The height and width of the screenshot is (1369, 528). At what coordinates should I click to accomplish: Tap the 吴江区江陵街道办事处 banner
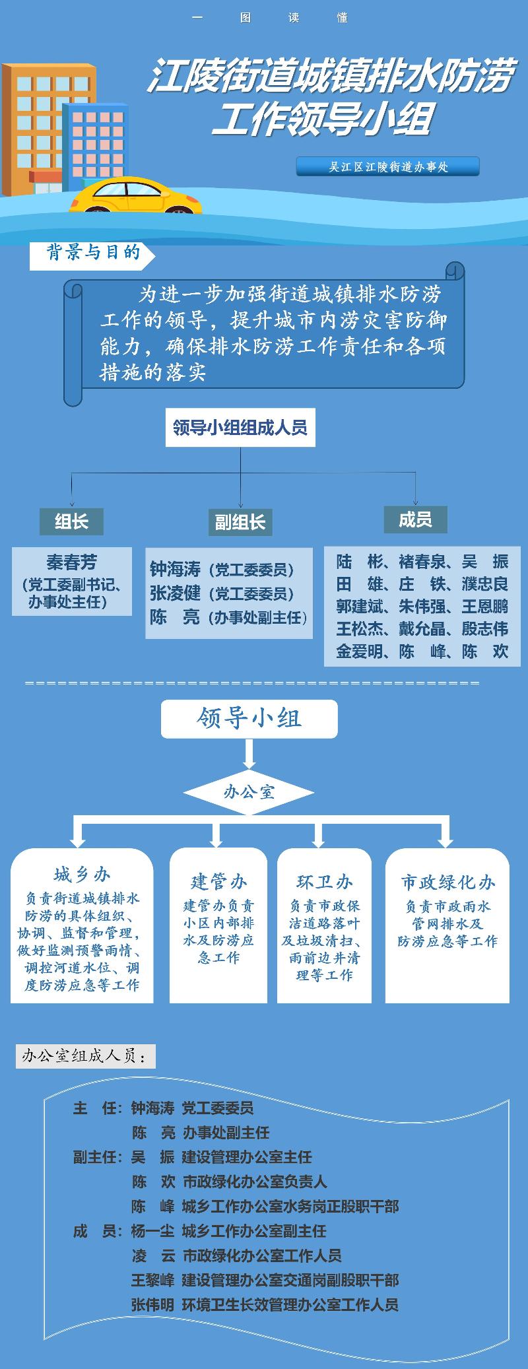[388, 166]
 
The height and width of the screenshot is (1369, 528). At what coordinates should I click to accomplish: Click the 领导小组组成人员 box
[240, 428]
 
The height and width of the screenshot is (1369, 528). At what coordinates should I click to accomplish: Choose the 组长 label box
[71, 521]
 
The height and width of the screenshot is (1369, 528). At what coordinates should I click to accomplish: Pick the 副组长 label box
[240, 523]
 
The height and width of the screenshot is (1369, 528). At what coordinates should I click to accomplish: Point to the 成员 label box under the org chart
[415, 519]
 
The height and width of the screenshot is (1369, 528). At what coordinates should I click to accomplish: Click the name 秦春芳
[71, 562]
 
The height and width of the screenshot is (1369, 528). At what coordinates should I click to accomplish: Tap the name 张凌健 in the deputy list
[175, 593]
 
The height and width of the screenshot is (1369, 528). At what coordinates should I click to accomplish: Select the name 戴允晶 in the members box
[422, 629]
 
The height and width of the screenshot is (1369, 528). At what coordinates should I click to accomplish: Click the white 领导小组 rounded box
[249, 719]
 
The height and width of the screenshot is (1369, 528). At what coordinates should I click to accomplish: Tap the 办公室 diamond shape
[249, 792]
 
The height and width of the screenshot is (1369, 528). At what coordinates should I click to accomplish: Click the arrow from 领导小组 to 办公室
[249, 753]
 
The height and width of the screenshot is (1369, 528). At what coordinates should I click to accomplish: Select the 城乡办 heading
[82, 875]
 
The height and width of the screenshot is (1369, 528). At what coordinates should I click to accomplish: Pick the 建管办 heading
[218, 881]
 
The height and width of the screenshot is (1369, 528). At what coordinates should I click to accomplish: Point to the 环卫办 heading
[324, 882]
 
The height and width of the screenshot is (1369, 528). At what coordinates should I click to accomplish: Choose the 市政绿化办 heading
[447, 883]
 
